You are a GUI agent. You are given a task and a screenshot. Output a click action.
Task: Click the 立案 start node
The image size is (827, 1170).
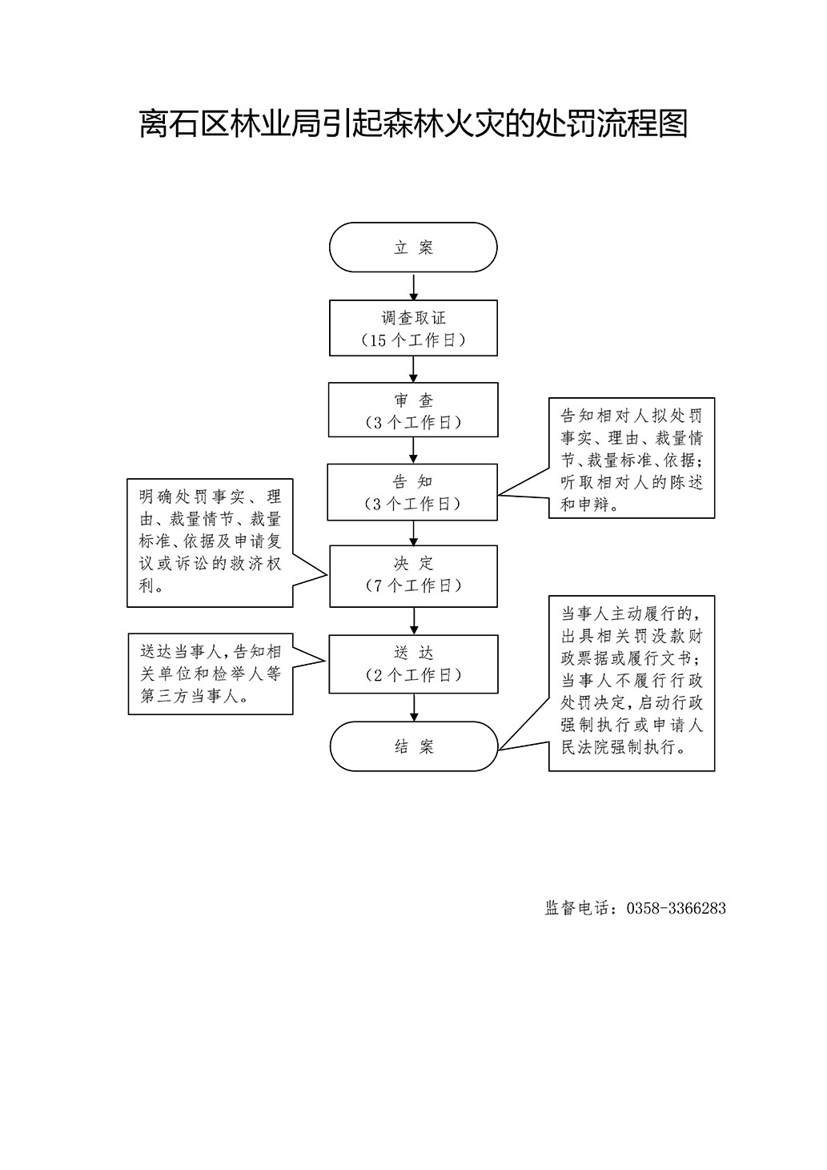[413, 247]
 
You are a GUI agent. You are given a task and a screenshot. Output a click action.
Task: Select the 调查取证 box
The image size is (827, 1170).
[413, 328]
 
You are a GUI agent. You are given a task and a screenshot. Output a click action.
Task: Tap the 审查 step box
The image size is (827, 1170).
[413, 409]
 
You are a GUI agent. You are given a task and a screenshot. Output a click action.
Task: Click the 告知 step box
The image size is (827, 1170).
[412, 493]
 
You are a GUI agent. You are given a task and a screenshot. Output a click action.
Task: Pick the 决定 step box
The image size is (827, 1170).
[413, 576]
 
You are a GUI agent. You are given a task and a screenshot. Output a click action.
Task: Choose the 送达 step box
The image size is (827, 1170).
[413, 664]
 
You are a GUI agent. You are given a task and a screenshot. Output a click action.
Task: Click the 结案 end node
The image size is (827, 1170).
[414, 746]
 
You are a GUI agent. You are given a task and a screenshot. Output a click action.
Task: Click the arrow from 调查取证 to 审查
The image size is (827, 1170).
[413, 369]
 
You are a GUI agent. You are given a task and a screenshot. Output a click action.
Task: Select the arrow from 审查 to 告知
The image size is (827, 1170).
[413, 451]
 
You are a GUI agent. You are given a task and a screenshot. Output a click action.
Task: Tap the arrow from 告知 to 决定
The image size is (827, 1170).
[413, 533]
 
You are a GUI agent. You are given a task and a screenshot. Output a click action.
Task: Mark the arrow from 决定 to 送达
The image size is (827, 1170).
[413, 621]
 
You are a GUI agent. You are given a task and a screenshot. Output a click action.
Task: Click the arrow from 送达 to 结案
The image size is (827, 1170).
[414, 708]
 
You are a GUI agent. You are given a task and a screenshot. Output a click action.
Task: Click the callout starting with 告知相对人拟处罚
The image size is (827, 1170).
[631, 458]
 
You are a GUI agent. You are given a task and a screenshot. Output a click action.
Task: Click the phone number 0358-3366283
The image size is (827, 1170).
[676, 908]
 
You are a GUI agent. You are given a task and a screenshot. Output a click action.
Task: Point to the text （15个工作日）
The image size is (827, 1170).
[413, 340]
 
